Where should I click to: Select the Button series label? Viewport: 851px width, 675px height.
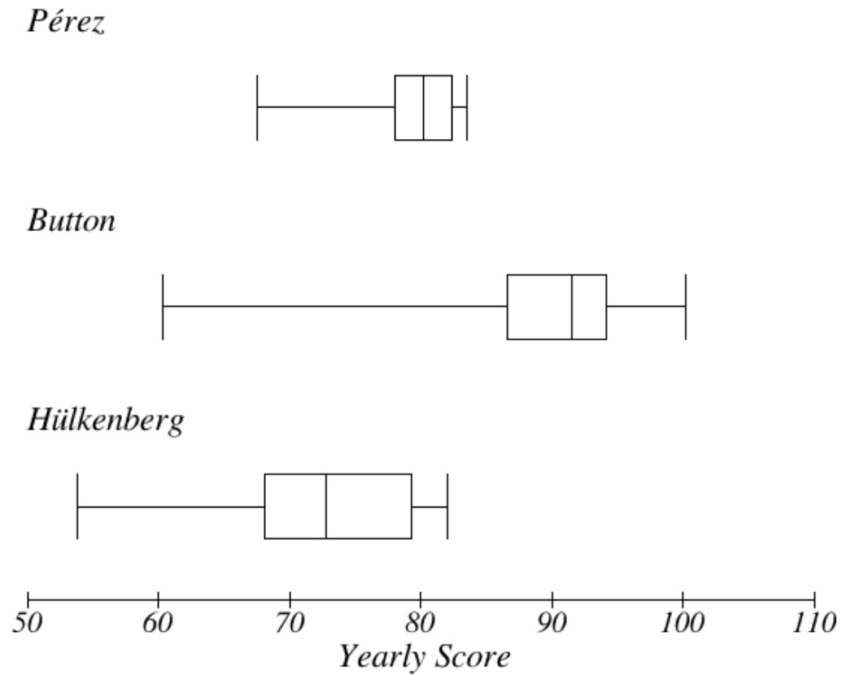[72, 220]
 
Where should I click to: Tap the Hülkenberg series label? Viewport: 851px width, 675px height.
[106, 420]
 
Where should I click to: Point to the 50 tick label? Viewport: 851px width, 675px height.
[28, 624]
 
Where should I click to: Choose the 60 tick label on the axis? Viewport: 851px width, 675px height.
[159, 624]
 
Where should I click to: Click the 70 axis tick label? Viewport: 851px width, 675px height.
[290, 624]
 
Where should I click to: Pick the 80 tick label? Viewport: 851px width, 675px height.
[421, 624]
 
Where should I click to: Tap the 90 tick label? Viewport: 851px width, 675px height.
[552, 624]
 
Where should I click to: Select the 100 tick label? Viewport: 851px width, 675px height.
[682, 624]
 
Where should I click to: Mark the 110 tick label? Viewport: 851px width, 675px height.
[813, 624]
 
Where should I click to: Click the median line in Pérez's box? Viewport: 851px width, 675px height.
[424, 107]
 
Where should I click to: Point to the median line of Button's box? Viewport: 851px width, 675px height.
[572, 307]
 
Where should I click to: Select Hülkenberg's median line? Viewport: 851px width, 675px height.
[326, 506]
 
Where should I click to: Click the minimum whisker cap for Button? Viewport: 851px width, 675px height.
[163, 307]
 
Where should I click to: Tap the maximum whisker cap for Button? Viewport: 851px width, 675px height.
[686, 307]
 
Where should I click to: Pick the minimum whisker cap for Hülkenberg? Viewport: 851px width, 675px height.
[77, 506]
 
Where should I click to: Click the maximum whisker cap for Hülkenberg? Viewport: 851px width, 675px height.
[447, 506]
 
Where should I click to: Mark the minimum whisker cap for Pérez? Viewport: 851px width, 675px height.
[257, 107]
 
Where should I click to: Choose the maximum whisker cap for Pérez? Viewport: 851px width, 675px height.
[467, 107]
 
